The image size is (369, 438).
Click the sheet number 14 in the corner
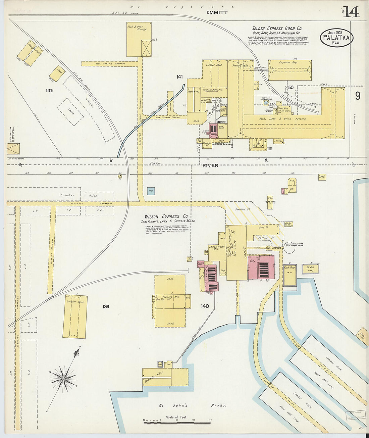(351, 12)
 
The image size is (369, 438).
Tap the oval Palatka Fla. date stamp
(336, 38)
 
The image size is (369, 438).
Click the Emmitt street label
(217, 12)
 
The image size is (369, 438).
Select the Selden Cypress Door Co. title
(277, 29)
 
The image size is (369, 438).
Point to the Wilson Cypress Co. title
(166, 217)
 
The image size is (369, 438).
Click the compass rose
(63, 379)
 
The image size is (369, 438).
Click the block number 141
(180, 77)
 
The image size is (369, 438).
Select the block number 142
(49, 91)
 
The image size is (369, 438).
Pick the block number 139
(106, 306)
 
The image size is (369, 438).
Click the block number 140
(205, 306)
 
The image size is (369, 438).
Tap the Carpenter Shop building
(289, 70)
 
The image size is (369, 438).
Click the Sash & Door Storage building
(139, 39)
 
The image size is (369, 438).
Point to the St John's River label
(192, 405)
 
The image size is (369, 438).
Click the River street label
(210, 165)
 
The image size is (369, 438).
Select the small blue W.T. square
(151, 191)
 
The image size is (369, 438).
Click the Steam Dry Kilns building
(157, 377)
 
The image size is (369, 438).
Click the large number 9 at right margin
(358, 96)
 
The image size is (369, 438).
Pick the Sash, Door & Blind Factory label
(278, 119)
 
